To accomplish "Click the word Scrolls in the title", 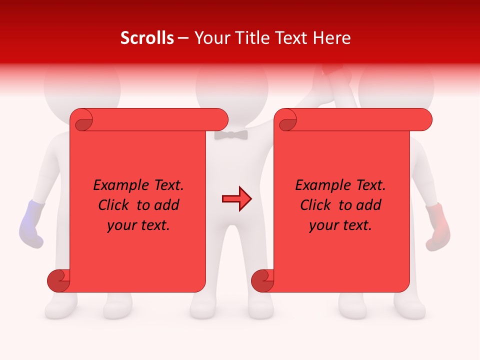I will (x=147, y=38).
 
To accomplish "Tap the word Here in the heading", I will (x=332, y=38).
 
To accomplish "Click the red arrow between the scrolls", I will (x=236, y=199).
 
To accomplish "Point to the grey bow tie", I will (x=231, y=134).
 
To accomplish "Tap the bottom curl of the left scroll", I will (x=59, y=281).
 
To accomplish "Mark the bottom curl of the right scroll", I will (x=263, y=281).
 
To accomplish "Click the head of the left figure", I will (x=82, y=85).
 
